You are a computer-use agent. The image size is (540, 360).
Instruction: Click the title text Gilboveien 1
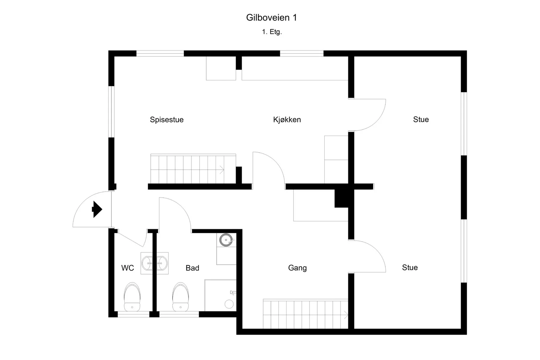271,18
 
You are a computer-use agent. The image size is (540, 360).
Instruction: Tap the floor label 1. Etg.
272,32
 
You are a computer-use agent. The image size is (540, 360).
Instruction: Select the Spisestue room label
167,120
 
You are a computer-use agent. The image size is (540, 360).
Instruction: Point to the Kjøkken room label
287,120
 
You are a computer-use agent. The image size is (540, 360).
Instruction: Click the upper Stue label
421,119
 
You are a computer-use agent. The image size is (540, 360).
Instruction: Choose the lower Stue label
410,268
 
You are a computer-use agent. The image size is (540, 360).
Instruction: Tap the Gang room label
297,268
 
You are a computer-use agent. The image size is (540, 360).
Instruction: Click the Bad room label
192,268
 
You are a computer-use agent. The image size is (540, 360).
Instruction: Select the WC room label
128,268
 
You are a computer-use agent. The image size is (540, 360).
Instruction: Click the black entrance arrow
97,209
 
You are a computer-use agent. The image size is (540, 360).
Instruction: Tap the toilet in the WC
132,297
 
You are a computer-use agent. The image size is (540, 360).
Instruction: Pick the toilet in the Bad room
181,297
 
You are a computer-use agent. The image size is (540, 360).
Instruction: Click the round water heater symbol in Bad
226,240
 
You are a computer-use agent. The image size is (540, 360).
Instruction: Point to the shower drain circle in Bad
229,304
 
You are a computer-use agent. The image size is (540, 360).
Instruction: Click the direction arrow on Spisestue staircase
222,170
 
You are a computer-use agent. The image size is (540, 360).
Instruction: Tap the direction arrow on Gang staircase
346,315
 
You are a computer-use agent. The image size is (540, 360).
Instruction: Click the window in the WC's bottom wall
133,314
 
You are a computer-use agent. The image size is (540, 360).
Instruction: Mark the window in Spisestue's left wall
111,112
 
